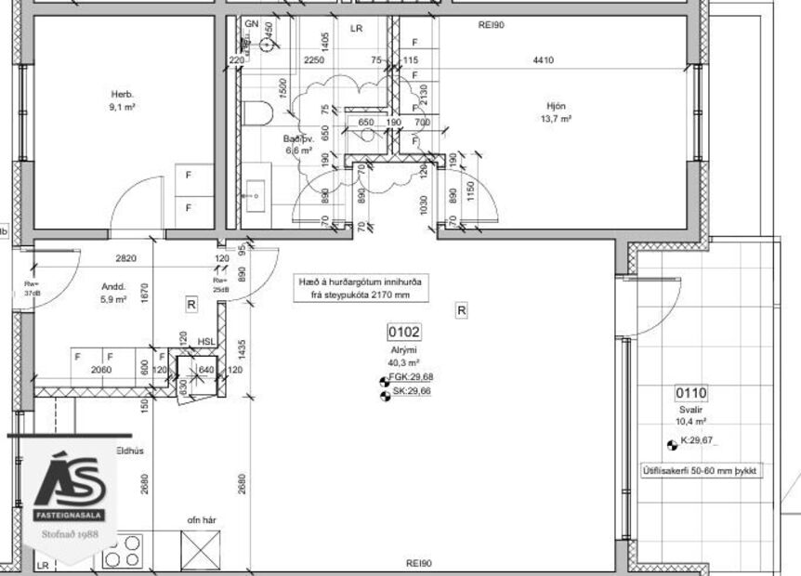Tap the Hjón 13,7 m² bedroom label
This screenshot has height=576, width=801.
556,111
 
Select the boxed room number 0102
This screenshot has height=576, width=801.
404,332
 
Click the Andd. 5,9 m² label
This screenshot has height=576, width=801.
113,293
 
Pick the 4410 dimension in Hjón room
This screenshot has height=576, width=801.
543,60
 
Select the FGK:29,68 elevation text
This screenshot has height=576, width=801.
410,376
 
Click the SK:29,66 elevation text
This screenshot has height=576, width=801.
410,392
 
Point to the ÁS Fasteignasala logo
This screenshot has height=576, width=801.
71,492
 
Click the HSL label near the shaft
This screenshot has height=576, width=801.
205,342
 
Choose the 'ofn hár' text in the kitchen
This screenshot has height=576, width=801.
202,520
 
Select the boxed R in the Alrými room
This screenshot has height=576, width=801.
461,311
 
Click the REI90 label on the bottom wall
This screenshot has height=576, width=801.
419,563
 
